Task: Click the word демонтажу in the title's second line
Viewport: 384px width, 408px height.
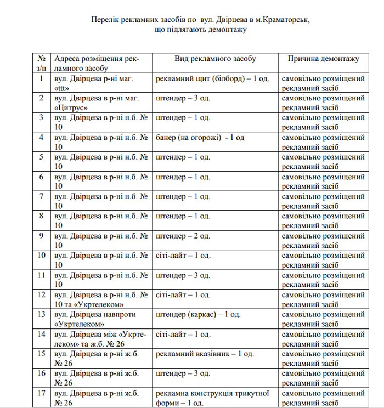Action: click(x=222, y=30)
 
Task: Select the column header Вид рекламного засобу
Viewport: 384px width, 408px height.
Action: click(x=215, y=59)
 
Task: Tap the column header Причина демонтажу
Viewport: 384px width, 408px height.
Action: click(x=323, y=59)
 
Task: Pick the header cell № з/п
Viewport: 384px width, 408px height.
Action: click(x=41, y=63)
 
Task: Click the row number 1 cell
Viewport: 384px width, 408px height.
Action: click(x=41, y=78)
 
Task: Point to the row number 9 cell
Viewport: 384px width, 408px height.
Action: click(x=41, y=236)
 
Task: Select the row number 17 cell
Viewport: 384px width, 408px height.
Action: click(x=41, y=393)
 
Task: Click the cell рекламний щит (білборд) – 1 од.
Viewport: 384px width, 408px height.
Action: click(x=212, y=78)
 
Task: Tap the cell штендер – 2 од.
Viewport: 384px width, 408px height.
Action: click(x=183, y=236)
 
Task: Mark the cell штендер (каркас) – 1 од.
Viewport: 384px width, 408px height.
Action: click(x=198, y=314)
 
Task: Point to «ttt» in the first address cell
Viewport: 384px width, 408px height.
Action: click(x=63, y=88)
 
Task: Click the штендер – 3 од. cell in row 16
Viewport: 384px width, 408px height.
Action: click(x=183, y=373)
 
